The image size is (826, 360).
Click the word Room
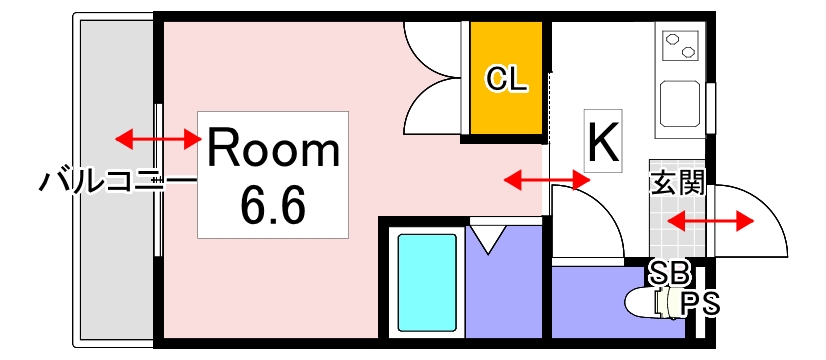pyautogui.click(x=273, y=150)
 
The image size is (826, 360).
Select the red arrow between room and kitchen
pyautogui.click(x=546, y=180)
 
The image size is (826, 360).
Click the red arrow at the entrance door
pyautogui.click(x=709, y=220)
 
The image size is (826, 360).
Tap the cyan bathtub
pyautogui.click(x=428, y=282)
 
